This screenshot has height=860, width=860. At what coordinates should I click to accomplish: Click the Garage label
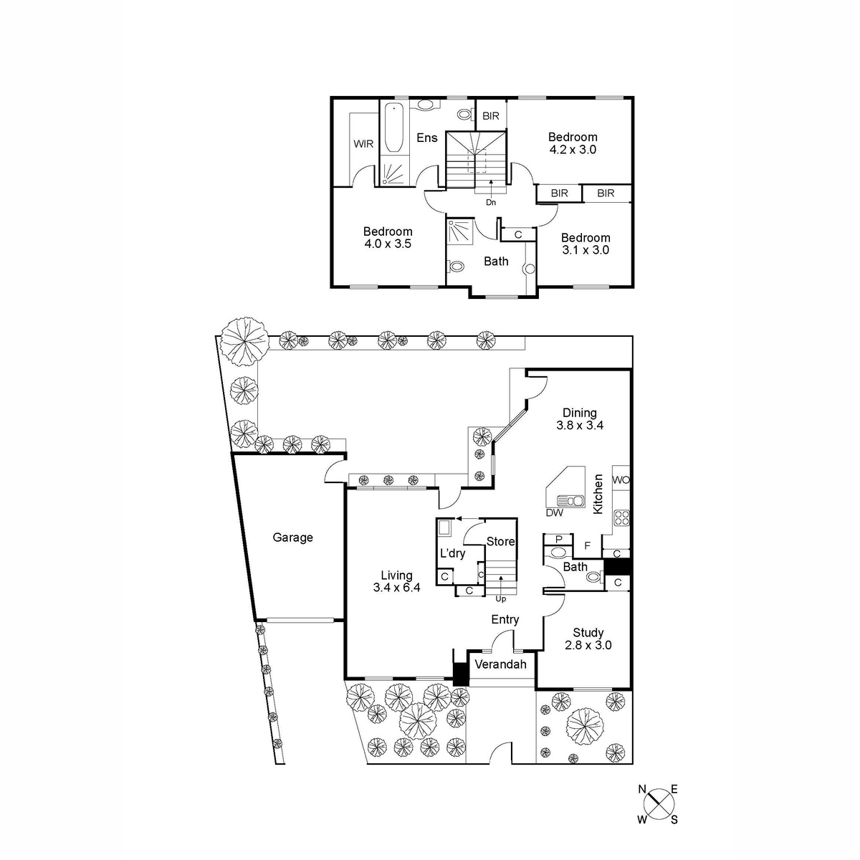(x=292, y=537)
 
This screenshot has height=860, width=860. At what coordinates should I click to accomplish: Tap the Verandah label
(x=500, y=664)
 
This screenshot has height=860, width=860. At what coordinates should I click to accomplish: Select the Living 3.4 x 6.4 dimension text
(x=396, y=588)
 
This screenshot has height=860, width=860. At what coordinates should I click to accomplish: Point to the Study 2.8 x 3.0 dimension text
(x=588, y=645)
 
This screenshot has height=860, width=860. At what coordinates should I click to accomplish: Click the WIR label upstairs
(x=363, y=144)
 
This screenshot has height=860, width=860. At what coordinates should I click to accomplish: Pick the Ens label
(x=427, y=138)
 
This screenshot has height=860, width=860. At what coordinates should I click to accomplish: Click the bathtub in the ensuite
(x=394, y=128)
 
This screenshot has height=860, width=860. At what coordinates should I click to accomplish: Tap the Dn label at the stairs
(x=491, y=203)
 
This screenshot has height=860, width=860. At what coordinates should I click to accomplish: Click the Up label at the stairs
(x=501, y=599)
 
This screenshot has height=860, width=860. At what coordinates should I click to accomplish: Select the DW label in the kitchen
(x=554, y=513)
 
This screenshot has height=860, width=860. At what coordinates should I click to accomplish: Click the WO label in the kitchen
(x=621, y=480)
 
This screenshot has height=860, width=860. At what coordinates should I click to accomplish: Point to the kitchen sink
(x=570, y=501)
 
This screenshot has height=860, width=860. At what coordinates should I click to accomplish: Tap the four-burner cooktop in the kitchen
(x=622, y=517)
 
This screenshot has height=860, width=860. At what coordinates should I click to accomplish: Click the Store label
(x=500, y=542)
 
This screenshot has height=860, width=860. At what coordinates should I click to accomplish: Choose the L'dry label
(x=452, y=553)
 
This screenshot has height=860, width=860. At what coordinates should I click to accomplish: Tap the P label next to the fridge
(x=558, y=540)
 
